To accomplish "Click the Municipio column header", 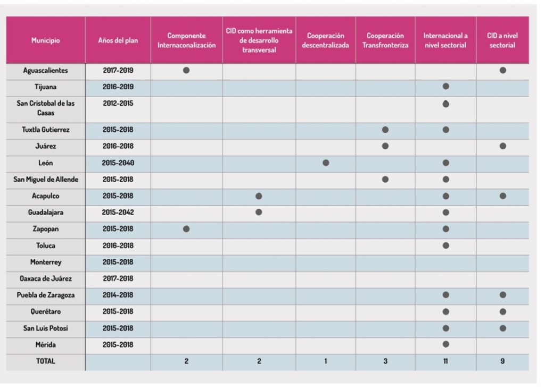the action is [46, 40].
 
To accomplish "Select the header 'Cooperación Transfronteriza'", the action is [385, 40].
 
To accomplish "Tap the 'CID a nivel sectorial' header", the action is [502, 40].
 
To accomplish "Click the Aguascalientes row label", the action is [46, 71].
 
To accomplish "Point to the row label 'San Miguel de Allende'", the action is [46, 180].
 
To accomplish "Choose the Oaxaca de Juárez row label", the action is [46, 278].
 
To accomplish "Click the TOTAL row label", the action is [46, 361].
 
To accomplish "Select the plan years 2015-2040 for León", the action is [118, 163].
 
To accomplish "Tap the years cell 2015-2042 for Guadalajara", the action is [118, 213].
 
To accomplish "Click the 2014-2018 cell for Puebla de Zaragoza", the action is [118, 295].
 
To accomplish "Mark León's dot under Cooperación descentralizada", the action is [326, 163].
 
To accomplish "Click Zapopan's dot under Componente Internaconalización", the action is [186, 229].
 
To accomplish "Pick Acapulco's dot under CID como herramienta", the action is [259, 196].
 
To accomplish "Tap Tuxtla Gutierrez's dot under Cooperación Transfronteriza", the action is [385, 130].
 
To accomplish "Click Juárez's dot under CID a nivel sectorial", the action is [502, 146].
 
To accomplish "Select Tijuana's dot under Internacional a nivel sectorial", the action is [445, 87].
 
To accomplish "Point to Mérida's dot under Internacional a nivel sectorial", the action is [445, 344].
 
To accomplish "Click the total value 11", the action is [445, 361].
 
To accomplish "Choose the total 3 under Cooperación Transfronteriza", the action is [385, 361].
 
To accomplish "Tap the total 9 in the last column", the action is [502, 361].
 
